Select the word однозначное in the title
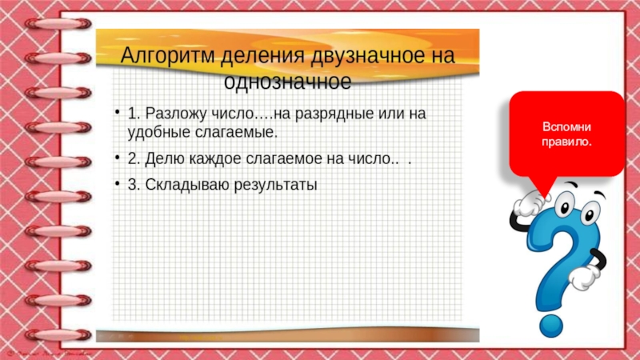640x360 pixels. pyautogui.click(x=288, y=82)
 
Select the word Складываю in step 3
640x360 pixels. pyautogui.click(x=178, y=185)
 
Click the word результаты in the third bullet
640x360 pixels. pyautogui.click(x=276, y=185)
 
